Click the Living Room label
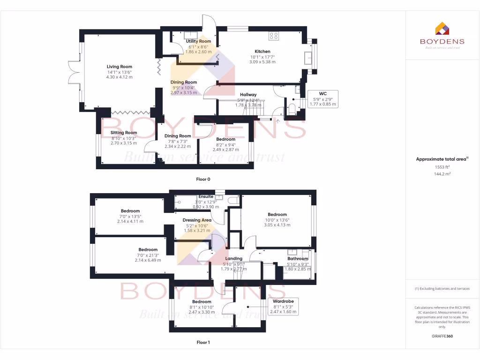tap(120, 67)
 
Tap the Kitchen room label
tap(262, 52)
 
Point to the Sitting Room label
tap(124, 133)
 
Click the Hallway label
tap(248, 94)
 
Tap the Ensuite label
tap(206, 196)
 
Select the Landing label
tap(234, 258)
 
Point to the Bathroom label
tap(298, 258)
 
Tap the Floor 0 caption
tap(203, 179)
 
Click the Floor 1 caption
tap(203, 343)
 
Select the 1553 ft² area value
tap(442, 167)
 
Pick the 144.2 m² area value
tap(442, 174)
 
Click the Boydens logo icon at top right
tap(442, 29)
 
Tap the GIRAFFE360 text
tap(442, 336)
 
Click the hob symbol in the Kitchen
tap(274, 35)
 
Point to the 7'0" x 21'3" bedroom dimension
tap(148, 260)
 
